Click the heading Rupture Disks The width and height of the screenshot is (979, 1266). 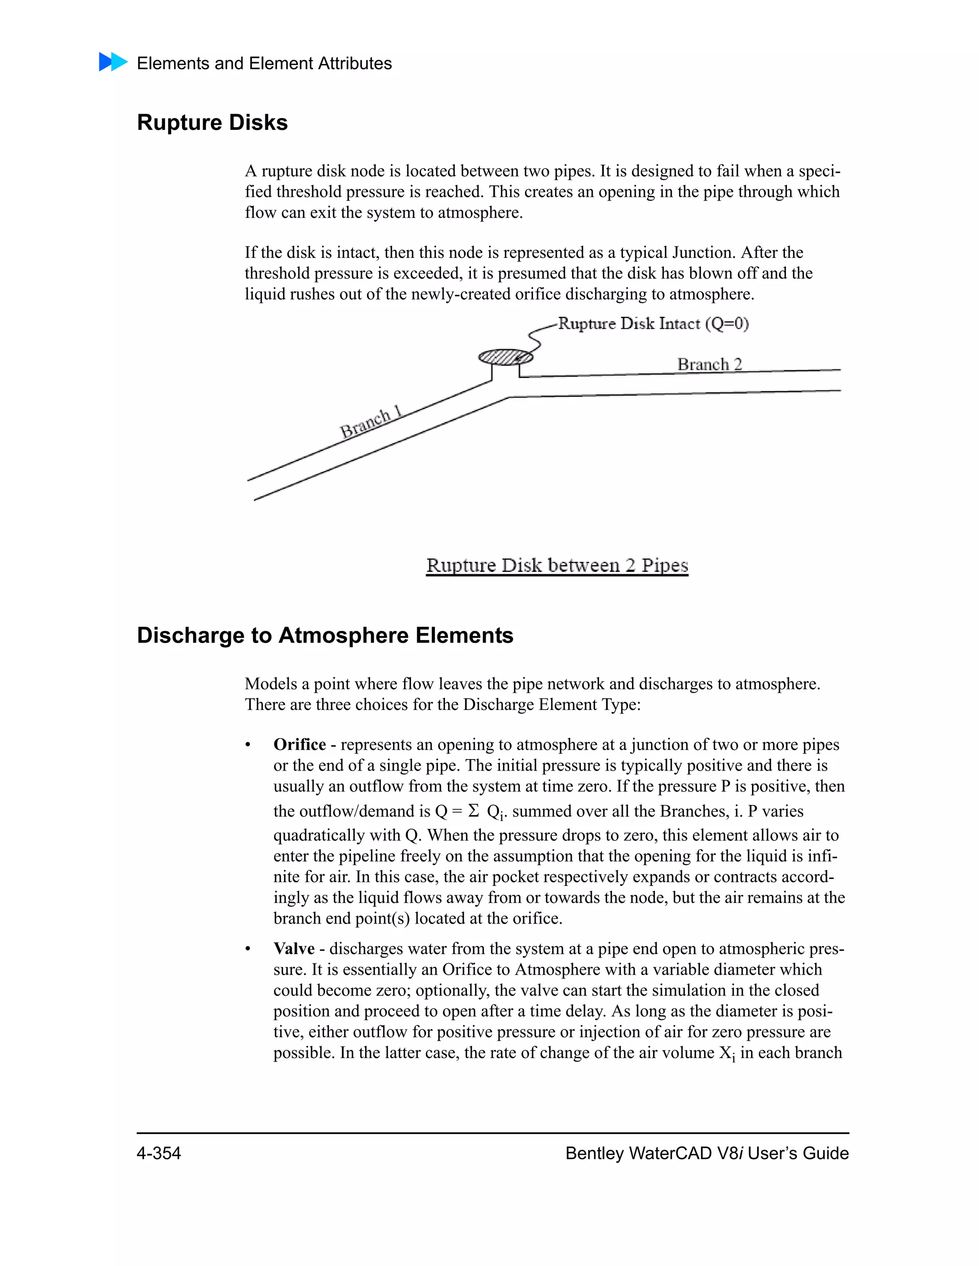click(x=212, y=123)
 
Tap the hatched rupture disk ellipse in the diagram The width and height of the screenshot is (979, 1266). click(x=505, y=357)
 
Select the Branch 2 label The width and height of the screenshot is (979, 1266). click(x=709, y=364)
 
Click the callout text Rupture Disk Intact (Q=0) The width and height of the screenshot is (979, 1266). click(x=653, y=323)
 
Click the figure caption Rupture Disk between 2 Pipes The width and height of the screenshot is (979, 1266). click(x=557, y=565)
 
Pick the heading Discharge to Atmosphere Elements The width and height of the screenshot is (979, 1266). click(x=325, y=635)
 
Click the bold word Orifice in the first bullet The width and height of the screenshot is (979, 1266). click(x=299, y=744)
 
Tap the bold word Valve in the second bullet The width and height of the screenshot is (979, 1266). click(x=294, y=948)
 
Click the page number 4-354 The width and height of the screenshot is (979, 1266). click(x=159, y=1153)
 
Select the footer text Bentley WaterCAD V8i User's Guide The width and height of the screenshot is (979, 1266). click(x=707, y=1153)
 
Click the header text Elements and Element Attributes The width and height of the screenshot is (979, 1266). click(x=264, y=63)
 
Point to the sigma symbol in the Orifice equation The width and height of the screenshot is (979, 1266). click(x=473, y=810)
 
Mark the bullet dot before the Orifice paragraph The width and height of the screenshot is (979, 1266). click(x=248, y=745)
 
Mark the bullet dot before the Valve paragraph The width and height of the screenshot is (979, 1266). click(x=248, y=949)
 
